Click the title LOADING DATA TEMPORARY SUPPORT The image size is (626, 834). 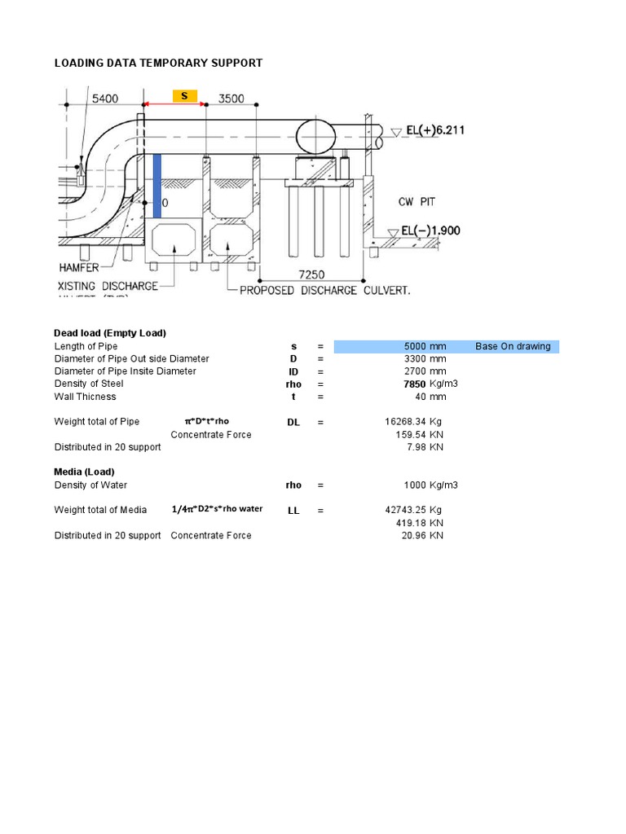click(158, 63)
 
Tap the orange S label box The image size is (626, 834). click(184, 96)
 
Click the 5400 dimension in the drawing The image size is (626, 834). click(104, 99)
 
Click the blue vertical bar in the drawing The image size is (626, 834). click(157, 186)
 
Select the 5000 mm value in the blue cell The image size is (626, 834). click(425, 346)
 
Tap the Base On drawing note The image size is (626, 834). click(513, 346)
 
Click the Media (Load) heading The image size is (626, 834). click(84, 472)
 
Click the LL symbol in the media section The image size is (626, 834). click(293, 510)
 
